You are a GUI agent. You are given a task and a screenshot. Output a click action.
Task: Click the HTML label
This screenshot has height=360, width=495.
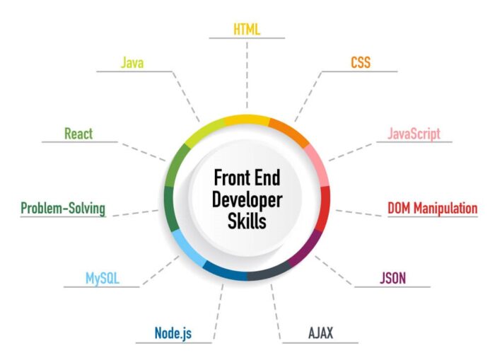click(x=247, y=30)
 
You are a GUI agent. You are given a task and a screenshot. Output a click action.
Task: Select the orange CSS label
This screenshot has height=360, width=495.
click(x=361, y=62)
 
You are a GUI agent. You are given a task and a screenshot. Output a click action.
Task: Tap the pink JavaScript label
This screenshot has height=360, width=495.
click(x=414, y=134)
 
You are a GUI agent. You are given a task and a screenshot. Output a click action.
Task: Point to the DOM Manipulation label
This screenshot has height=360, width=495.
click(x=433, y=208)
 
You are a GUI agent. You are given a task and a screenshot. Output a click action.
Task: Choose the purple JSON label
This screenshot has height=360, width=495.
click(x=392, y=278)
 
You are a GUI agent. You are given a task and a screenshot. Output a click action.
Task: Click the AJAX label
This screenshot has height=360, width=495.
click(x=320, y=333)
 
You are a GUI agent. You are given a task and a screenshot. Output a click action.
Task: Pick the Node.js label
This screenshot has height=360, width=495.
click(x=173, y=333)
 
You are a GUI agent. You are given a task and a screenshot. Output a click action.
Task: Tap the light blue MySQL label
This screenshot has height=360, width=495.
click(x=103, y=279)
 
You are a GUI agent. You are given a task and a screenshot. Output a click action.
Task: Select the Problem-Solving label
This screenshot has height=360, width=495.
click(x=63, y=209)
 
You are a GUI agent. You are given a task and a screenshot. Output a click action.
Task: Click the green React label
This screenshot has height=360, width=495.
click(x=78, y=134)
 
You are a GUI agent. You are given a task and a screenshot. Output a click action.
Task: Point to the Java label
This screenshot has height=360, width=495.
click(x=132, y=62)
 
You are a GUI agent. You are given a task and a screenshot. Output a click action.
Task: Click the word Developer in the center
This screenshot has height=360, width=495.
click(x=248, y=201)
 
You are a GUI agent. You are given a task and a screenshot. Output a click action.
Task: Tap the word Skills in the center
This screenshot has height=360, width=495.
click(x=248, y=221)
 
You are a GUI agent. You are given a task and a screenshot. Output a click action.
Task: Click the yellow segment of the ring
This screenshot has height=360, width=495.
click(x=248, y=120)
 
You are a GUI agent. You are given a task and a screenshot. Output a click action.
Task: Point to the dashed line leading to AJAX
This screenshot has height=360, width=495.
click(x=276, y=312)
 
